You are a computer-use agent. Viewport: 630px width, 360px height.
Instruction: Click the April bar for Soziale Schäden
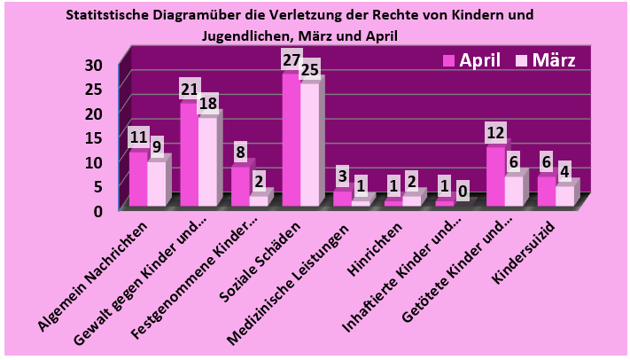click(x=291, y=142)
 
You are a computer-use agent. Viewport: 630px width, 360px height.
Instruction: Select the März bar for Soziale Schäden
click(x=309, y=146)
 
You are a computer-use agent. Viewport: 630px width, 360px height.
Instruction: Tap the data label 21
click(x=189, y=90)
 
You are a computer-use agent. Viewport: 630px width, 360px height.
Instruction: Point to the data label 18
click(x=208, y=104)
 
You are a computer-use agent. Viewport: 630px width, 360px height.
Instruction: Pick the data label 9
click(x=157, y=146)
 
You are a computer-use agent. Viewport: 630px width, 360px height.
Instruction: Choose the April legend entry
click(x=471, y=60)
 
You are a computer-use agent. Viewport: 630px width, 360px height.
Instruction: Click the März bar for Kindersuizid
click(x=564, y=196)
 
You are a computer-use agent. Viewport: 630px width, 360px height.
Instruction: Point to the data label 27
click(x=291, y=60)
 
